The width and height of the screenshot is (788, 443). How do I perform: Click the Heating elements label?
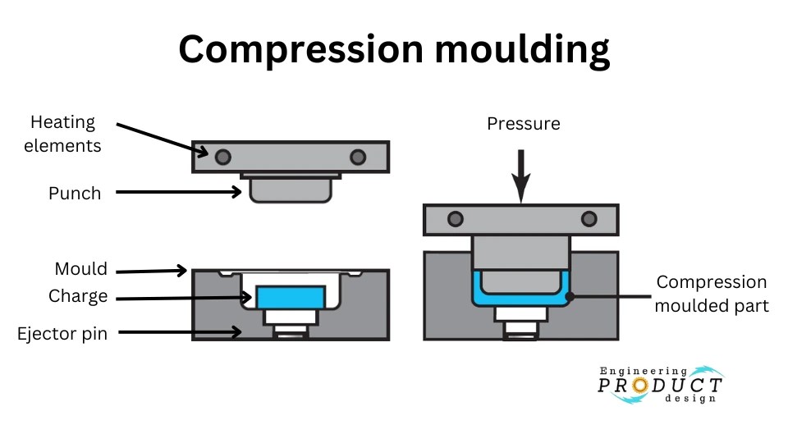(x=63, y=134)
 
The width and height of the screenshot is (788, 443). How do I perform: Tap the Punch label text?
(x=75, y=194)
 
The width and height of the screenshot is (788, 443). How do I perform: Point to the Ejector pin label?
(x=62, y=334)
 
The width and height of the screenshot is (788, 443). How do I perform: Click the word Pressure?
(x=523, y=124)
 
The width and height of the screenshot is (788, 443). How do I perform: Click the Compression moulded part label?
(x=711, y=294)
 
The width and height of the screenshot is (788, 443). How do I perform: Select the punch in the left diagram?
(x=291, y=191)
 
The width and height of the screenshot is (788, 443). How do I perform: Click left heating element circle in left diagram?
(x=222, y=157)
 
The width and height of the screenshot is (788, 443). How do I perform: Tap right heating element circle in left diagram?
(x=357, y=157)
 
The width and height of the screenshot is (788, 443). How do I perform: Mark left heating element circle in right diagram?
(x=455, y=219)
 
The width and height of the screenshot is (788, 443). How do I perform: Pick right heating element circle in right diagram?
(x=588, y=219)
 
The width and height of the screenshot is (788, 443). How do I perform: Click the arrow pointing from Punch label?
(x=177, y=193)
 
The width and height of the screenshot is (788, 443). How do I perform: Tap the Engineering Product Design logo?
(x=661, y=385)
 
